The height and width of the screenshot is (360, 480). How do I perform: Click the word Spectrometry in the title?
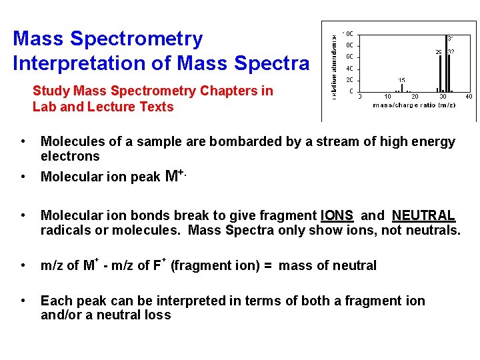136,39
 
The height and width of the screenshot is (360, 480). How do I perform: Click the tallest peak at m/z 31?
446,63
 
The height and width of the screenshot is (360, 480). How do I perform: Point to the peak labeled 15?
401,87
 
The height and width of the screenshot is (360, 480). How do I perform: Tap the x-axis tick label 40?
469,97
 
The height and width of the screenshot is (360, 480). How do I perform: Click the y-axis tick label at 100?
348,33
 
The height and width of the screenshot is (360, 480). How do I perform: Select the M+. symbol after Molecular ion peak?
174,176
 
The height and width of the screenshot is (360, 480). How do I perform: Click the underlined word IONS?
337,216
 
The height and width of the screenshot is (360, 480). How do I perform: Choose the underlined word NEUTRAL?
423,216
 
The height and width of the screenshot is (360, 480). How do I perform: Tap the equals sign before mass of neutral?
267,266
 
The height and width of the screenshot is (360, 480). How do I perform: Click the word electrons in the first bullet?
70,157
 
